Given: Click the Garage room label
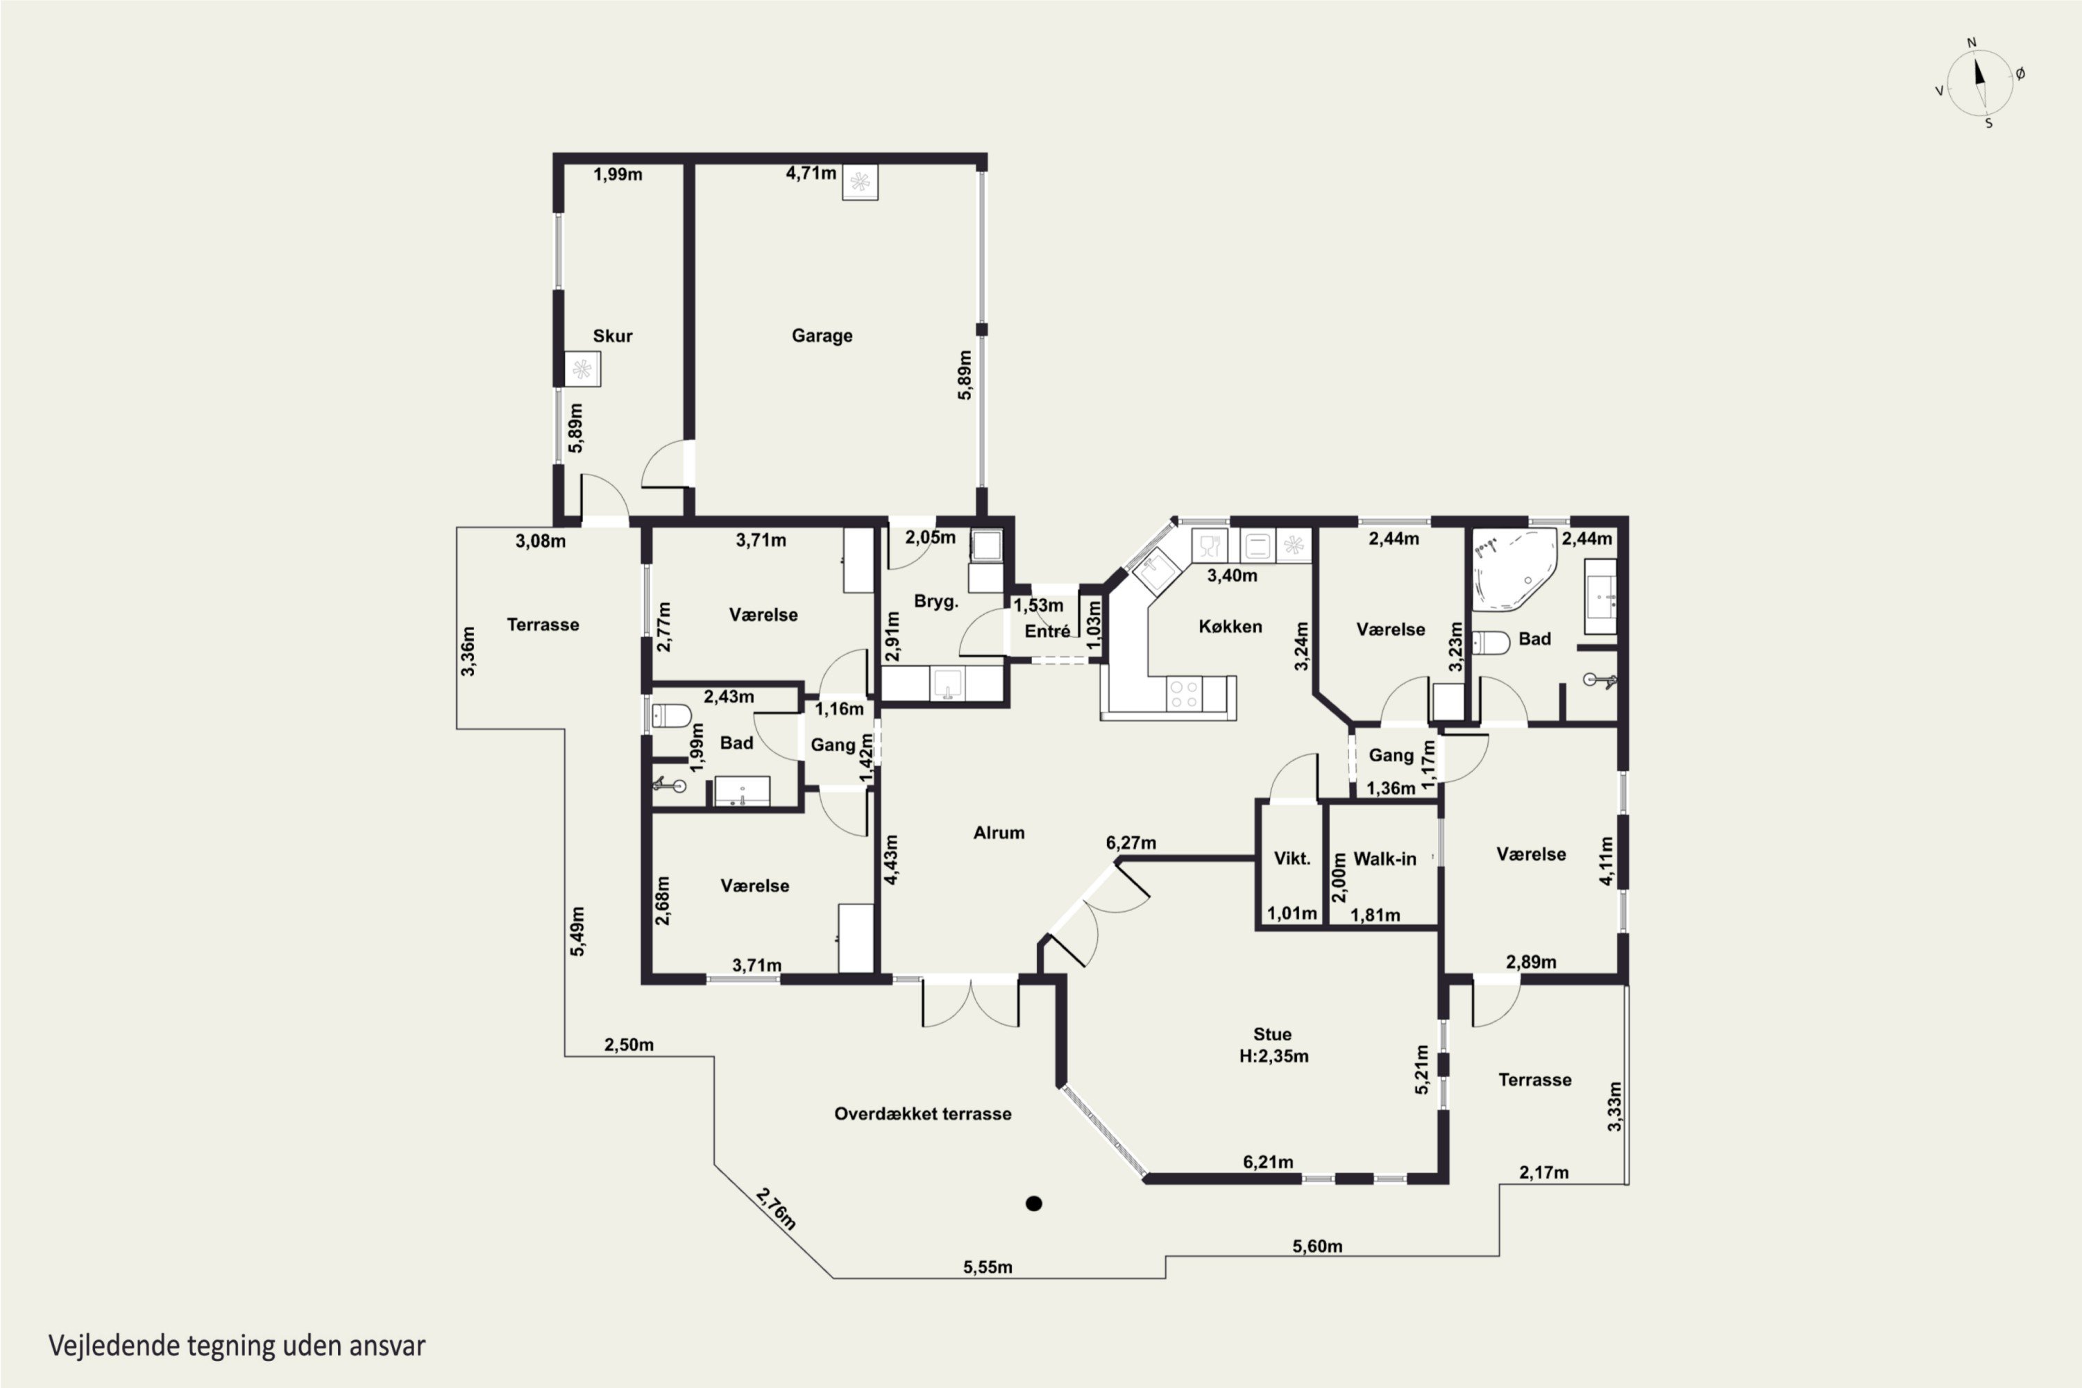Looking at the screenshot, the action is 822,335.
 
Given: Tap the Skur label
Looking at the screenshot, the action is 613,335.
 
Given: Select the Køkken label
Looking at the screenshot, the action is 1230,627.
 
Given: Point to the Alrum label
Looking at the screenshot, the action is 999,833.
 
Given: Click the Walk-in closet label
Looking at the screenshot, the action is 1385,858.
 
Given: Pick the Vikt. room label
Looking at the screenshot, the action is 1292,858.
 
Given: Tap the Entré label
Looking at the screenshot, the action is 1047,631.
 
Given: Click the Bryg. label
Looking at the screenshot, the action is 936,602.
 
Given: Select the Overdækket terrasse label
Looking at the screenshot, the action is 922,1114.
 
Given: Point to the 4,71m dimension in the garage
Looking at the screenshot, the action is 811,173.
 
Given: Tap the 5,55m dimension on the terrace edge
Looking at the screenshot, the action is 988,1267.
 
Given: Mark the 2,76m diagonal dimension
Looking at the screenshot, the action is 777,1208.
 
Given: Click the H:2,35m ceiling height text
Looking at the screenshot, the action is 1273,1056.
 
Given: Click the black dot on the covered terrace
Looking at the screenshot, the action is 1033,1203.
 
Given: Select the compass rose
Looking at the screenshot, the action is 1980,83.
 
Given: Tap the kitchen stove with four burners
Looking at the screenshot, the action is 1185,693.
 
